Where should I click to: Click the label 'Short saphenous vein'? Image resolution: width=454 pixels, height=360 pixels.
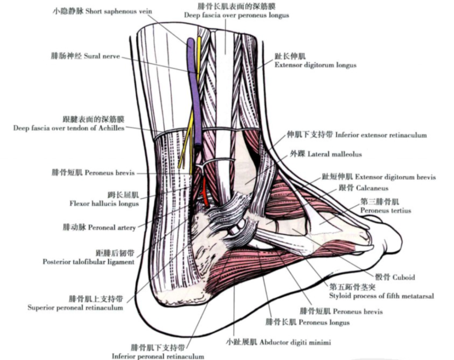tap(118, 12)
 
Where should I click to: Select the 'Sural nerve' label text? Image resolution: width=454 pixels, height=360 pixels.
tap(102, 56)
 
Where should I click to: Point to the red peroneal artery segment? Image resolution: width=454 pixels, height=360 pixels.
tap(205, 192)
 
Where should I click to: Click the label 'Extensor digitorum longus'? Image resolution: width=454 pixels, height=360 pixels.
tap(316, 65)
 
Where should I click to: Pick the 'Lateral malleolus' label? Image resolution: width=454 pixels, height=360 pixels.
tap(335, 154)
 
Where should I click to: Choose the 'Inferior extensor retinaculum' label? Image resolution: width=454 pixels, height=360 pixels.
tap(381, 135)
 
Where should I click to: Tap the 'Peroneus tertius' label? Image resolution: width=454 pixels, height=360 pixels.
tap(385, 211)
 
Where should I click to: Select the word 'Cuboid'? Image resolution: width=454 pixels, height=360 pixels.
tap(404, 277)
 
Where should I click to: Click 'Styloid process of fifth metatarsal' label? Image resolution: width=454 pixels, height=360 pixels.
tap(382, 296)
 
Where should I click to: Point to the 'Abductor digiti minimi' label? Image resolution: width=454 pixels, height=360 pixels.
tap(295, 342)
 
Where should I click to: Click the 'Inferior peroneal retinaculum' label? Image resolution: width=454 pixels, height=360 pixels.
tap(158, 356)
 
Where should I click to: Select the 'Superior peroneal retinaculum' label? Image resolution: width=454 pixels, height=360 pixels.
tap(75, 308)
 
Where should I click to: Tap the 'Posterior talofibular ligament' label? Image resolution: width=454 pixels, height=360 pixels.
tap(89, 262)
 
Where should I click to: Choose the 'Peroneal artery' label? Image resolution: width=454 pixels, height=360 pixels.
tap(112, 227)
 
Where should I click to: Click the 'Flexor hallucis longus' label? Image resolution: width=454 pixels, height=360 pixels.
tap(104, 203)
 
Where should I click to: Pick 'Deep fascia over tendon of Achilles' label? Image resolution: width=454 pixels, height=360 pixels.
tap(69, 128)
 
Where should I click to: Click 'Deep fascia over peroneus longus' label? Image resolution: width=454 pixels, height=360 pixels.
tap(237, 15)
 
